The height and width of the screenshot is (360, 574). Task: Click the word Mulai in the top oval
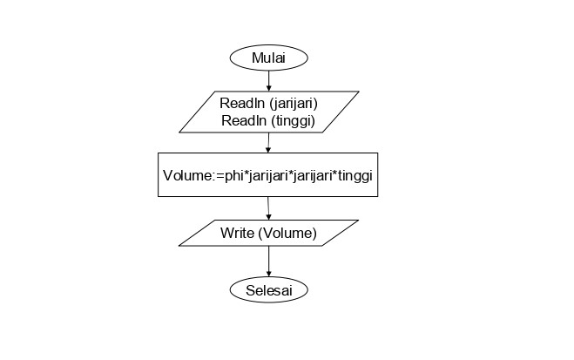point(268,58)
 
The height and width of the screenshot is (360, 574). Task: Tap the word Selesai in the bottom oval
point(269,290)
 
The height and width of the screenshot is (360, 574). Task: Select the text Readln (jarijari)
point(268,103)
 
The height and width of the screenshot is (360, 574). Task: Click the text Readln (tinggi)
point(268,120)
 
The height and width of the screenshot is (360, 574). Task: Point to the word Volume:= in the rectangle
point(193,176)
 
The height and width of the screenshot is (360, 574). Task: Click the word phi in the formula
point(234,175)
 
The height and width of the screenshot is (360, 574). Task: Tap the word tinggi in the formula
point(355,176)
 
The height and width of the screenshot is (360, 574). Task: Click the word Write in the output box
point(237,233)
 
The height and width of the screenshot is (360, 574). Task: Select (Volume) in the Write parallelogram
point(287,234)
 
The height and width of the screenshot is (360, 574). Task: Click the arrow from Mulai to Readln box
point(268,80)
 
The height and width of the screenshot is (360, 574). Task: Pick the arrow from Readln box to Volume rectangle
point(268,143)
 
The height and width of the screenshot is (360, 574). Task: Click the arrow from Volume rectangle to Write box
point(268,208)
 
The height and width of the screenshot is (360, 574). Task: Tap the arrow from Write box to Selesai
point(268,262)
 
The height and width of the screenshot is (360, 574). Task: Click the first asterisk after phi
point(246,173)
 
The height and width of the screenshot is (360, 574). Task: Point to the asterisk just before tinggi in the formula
point(334,173)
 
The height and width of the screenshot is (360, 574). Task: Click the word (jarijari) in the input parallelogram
point(294,104)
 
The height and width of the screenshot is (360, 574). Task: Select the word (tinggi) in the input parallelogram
point(294,121)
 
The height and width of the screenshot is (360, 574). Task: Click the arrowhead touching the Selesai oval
point(268,274)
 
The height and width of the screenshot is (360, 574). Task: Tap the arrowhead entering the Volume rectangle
point(268,150)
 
